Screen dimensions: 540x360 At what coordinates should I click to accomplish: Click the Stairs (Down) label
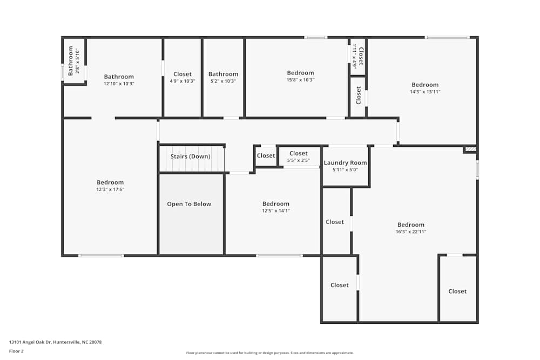[190, 157]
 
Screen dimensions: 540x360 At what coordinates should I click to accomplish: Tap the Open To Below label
[189, 203]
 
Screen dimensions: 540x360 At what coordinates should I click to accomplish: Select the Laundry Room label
[345, 163]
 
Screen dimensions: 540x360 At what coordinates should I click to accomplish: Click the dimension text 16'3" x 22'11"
[411, 232]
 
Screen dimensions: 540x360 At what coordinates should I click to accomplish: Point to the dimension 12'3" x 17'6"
[110, 189]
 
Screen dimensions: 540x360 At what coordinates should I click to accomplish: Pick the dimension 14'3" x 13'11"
[425, 92]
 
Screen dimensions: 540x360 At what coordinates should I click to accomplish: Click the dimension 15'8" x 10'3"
[301, 80]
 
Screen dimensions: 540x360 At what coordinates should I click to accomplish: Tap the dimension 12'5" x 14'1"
[276, 210]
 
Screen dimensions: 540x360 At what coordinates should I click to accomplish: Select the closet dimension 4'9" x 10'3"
[183, 81]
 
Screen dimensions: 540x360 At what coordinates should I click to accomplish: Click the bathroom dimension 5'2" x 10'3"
[223, 81]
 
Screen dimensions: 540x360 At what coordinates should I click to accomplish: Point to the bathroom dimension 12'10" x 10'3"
[119, 84]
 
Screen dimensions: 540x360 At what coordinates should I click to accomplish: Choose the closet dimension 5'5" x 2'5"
[298, 160]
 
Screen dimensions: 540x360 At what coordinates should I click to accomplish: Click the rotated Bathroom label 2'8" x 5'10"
[73, 61]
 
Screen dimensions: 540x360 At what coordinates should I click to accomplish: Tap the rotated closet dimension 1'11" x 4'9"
[354, 56]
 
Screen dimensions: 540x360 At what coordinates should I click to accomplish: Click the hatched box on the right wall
[470, 150]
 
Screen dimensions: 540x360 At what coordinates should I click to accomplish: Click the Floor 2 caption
[16, 351]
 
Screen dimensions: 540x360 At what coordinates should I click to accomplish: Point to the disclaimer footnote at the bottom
[269, 353]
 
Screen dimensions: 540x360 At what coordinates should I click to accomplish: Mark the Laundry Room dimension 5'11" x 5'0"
[345, 169]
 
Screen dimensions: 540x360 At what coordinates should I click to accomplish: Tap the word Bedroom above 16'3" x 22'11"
[411, 225]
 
